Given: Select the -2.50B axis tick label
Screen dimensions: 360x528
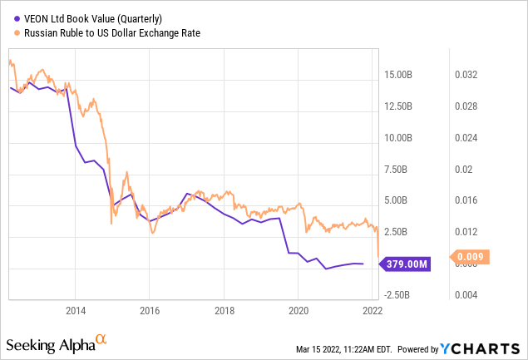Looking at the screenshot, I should coord(402,294).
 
